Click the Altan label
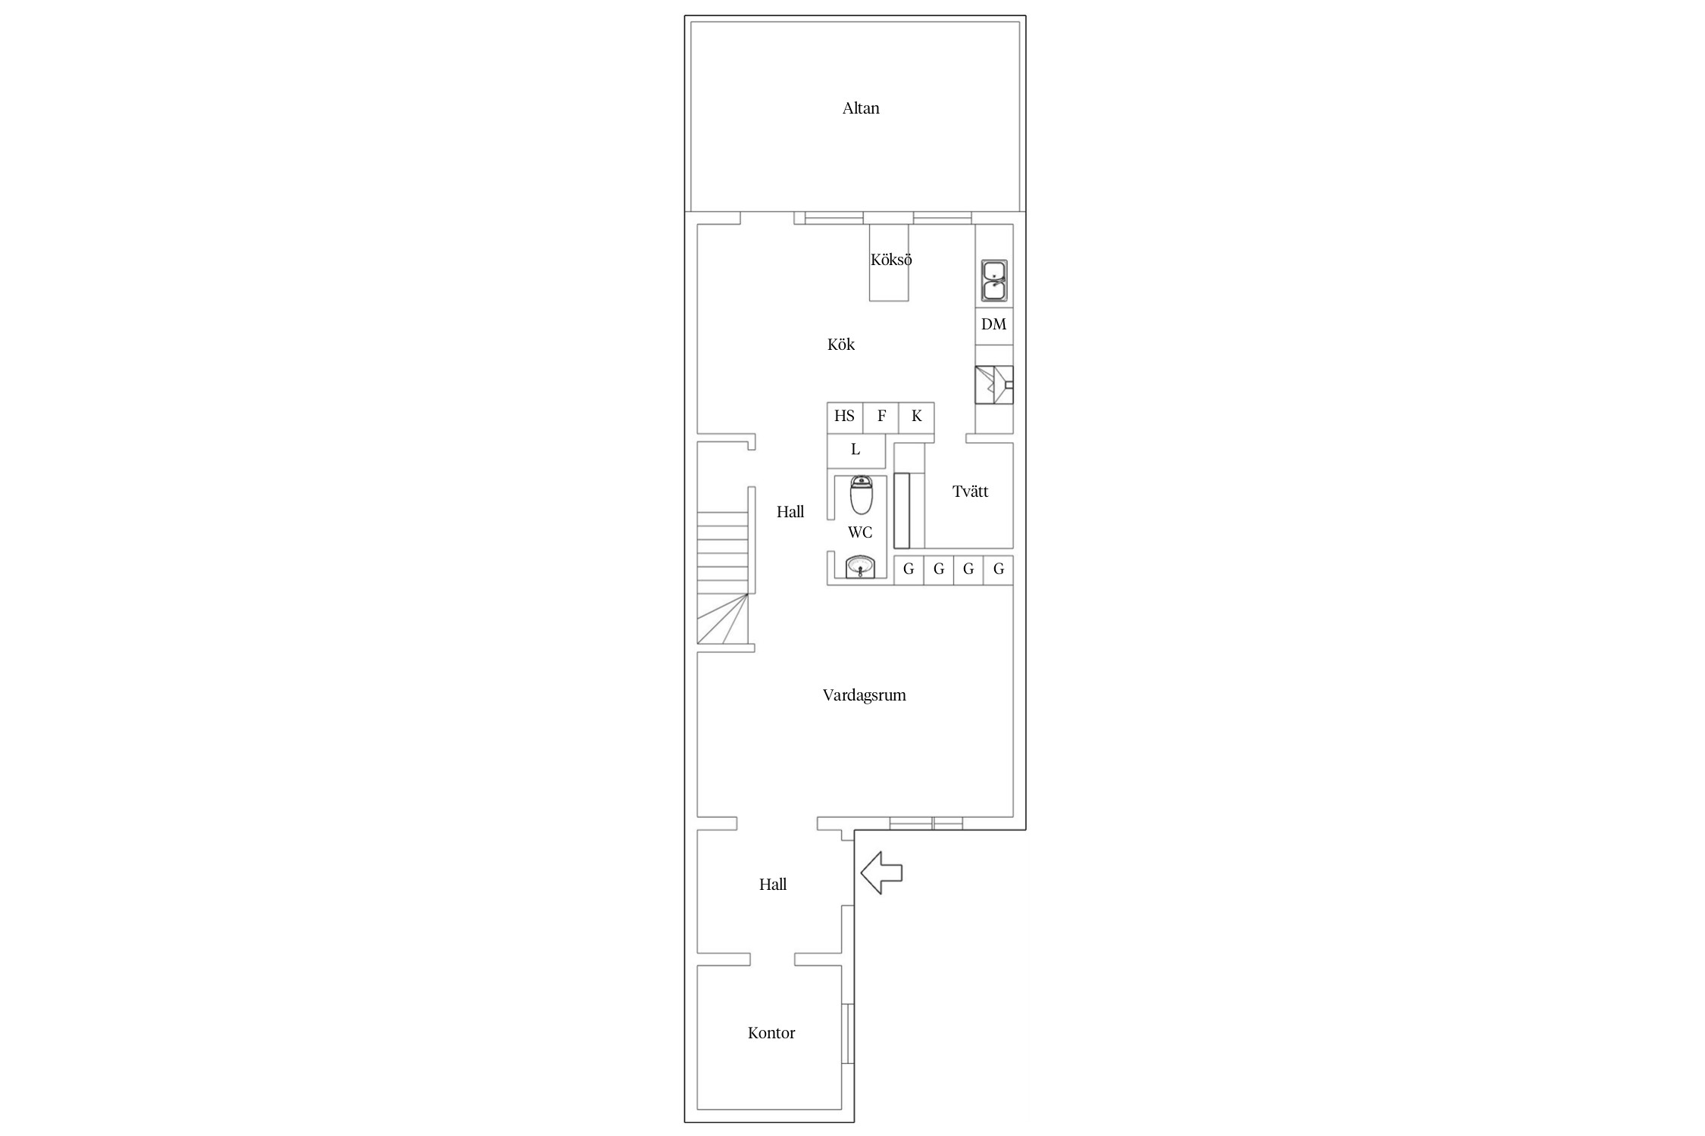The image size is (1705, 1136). point(861,108)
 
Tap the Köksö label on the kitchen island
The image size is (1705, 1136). point(891,260)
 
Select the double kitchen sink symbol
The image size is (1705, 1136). point(994,281)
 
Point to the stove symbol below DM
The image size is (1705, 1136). point(994,385)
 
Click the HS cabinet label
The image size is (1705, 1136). point(844,416)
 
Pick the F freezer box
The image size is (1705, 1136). point(881,417)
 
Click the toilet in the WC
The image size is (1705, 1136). point(861,495)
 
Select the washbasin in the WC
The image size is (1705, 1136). point(860,566)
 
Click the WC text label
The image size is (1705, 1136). point(860,533)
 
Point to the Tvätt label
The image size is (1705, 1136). point(971,492)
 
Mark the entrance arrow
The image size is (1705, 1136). point(881,872)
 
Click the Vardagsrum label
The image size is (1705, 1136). point(865,695)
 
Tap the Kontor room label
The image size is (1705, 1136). point(771,1033)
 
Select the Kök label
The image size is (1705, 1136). point(841,345)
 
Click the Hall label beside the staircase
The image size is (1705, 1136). point(790,512)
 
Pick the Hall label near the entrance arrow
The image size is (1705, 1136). point(773,885)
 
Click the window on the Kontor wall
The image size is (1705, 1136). point(848,1034)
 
